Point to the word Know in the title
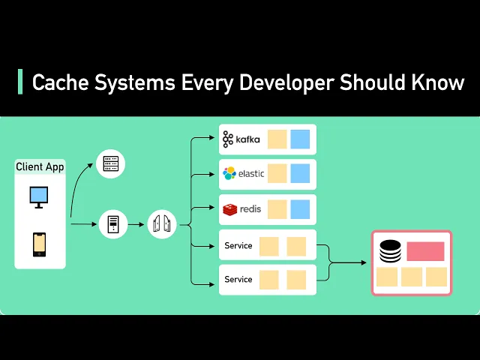(438, 82)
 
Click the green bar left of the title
(20, 82)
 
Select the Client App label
(40, 166)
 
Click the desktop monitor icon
(39, 196)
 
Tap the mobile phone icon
(39, 244)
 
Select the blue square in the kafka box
(300, 139)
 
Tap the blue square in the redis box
(300, 209)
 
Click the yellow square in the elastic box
(277, 174)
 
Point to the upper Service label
(238, 245)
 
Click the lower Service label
(238, 280)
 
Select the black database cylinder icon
(391, 251)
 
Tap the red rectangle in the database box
(425, 251)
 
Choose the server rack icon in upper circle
(111, 163)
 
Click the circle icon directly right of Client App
(113, 223)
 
